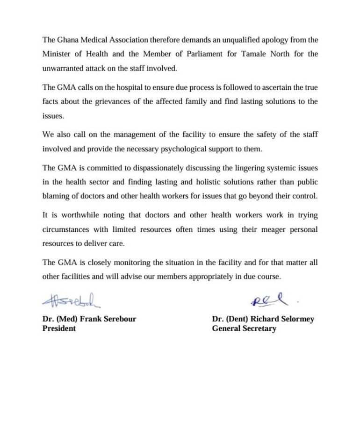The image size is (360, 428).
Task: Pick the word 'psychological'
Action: [173, 149]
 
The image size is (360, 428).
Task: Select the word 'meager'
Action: [253, 229]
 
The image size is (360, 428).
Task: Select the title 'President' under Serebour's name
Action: [59, 328]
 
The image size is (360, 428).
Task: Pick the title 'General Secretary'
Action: [244, 328]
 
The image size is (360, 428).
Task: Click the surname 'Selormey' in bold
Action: [295, 319]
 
